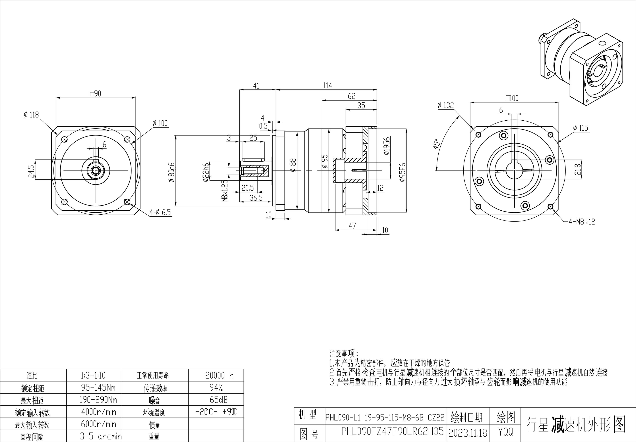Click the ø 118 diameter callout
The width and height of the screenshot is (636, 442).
pos(31,114)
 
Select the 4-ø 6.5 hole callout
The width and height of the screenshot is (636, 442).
pos(160,212)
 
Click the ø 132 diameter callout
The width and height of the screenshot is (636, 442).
pos(446,105)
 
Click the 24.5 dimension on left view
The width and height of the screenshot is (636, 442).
pos(31,171)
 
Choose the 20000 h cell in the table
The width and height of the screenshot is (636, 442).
pos(219,375)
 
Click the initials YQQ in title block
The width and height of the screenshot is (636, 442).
pos(506,432)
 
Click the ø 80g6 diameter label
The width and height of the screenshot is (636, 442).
pos(172,173)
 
